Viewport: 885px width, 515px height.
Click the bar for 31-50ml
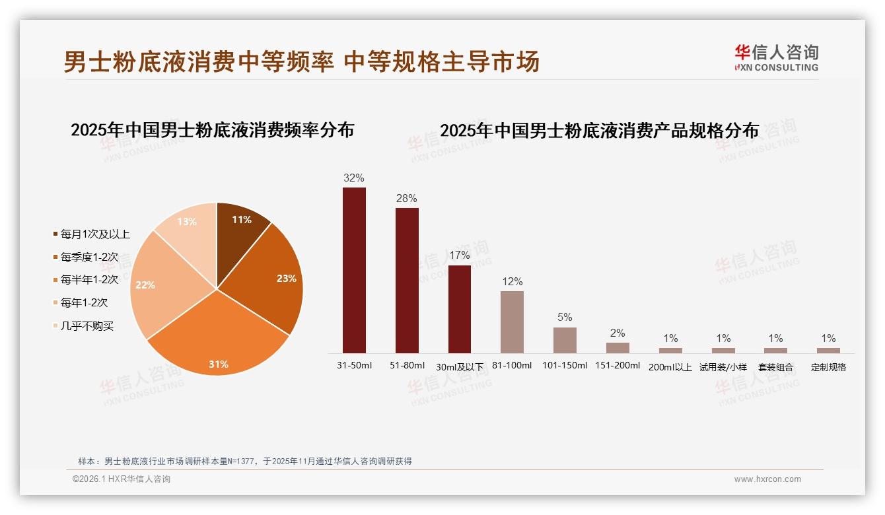[354, 270]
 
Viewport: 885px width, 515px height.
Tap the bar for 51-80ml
[407, 281]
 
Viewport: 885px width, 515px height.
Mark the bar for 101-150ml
[565, 340]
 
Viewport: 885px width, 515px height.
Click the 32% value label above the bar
[354, 178]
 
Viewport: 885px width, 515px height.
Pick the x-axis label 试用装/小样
[723, 367]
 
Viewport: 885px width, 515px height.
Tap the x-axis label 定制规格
[828, 367]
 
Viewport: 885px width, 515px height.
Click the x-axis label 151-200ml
[618, 366]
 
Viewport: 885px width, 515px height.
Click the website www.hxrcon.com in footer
[767, 479]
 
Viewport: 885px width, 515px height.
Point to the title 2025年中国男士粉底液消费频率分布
[213, 130]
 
